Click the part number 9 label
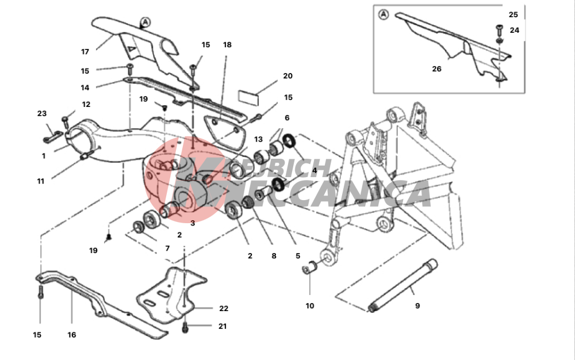(417, 306)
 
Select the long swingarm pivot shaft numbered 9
(402, 286)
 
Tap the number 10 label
(310, 306)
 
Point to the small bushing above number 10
(310, 267)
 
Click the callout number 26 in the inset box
(436, 69)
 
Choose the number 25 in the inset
(513, 14)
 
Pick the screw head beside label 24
(499, 28)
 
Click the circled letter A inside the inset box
(383, 14)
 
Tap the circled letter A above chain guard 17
(145, 22)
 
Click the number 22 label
(224, 309)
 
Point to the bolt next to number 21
(185, 327)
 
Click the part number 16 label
(71, 335)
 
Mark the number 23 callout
(42, 114)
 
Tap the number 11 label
(40, 181)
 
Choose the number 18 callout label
(227, 45)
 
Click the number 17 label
(85, 52)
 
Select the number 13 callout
(258, 139)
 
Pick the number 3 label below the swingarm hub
(193, 223)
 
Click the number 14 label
(85, 87)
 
